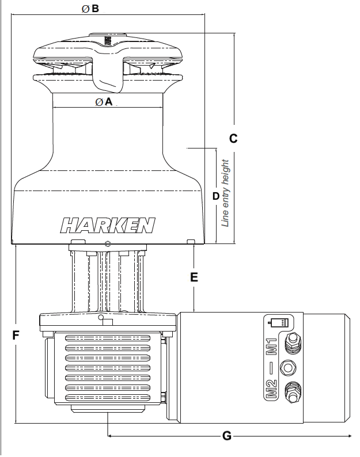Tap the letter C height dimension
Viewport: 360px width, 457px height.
point(233,138)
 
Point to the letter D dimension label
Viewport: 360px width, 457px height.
point(216,196)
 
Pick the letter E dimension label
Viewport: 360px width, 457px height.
point(195,277)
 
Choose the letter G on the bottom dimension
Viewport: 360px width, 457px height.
point(226,436)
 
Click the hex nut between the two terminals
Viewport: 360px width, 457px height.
point(287,367)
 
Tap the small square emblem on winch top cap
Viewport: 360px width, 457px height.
point(108,40)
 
